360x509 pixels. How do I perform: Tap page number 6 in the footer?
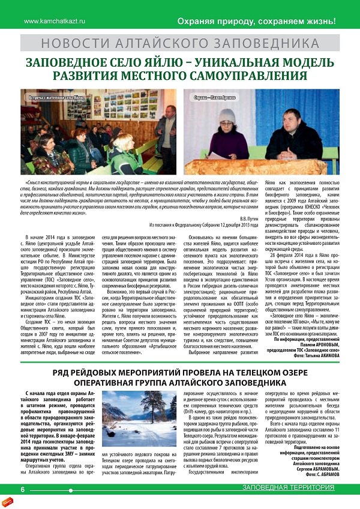pos(22,489)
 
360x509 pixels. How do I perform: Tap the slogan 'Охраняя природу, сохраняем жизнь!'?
pos(255,22)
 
